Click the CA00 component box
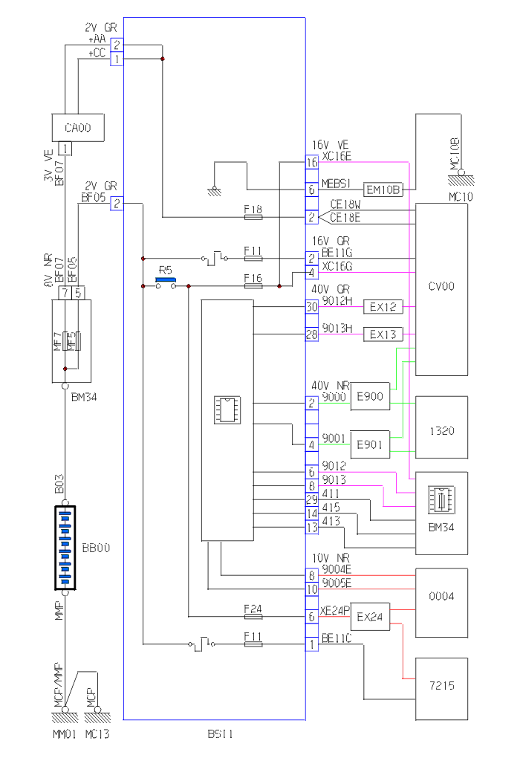pyautogui.click(x=77, y=128)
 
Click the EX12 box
pyautogui.click(x=382, y=306)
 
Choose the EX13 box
pyautogui.click(x=382, y=334)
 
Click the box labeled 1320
pyautogui.click(x=442, y=430)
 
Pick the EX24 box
pyautogui.click(x=369, y=618)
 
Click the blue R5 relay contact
pyautogui.click(x=165, y=281)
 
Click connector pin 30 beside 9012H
pyautogui.click(x=312, y=305)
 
